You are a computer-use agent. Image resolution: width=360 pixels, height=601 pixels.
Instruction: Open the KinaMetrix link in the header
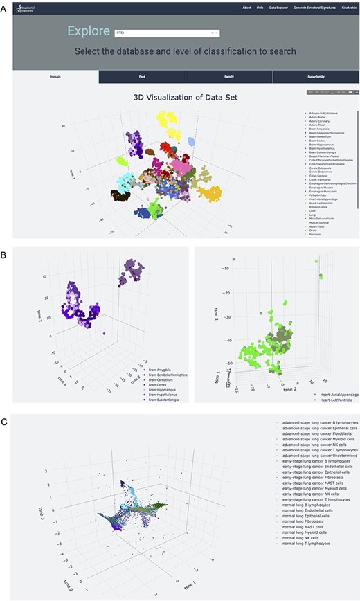click(x=344, y=7)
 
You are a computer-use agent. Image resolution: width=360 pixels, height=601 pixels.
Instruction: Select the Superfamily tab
click(x=315, y=75)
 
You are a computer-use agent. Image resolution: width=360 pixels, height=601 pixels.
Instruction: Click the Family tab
click(x=228, y=75)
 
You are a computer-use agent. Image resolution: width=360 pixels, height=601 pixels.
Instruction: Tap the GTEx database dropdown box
click(x=166, y=32)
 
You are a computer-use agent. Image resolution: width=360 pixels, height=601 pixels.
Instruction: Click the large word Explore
click(x=89, y=32)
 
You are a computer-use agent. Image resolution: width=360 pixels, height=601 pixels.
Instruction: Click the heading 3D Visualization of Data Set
click(x=186, y=97)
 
